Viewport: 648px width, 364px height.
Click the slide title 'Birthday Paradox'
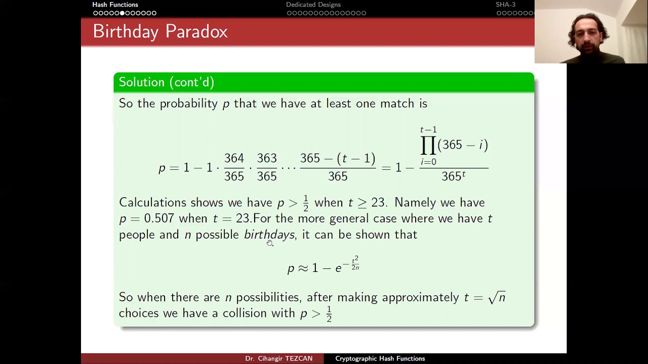pyautogui.click(x=160, y=32)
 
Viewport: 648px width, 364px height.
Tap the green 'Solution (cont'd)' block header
pyautogui.click(x=166, y=82)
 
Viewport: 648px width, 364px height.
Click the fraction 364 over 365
pyautogui.click(x=234, y=167)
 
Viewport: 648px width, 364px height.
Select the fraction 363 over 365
pyautogui.click(x=266, y=167)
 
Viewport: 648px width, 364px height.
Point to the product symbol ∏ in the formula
pyautogui.click(x=428, y=146)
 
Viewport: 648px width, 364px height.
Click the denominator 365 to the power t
pyautogui.click(x=453, y=176)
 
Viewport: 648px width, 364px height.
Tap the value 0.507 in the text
pyautogui.click(x=158, y=218)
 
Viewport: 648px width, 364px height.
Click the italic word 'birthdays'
pyautogui.click(x=269, y=235)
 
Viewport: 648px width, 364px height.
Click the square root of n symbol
pyautogui.click(x=497, y=297)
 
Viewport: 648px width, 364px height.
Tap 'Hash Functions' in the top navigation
pyautogui.click(x=115, y=5)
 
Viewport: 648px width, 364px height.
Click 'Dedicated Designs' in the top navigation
pyautogui.click(x=313, y=5)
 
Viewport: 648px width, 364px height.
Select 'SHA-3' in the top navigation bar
pyautogui.click(x=505, y=5)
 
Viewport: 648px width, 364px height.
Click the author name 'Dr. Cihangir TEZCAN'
pyautogui.click(x=278, y=358)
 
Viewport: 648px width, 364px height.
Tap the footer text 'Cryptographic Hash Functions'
pyautogui.click(x=380, y=358)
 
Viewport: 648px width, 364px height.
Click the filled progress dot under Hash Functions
pyautogui.click(x=123, y=13)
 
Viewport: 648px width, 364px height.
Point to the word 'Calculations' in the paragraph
pyautogui.click(x=152, y=203)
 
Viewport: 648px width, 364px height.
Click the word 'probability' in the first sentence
pyautogui.click(x=188, y=104)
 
